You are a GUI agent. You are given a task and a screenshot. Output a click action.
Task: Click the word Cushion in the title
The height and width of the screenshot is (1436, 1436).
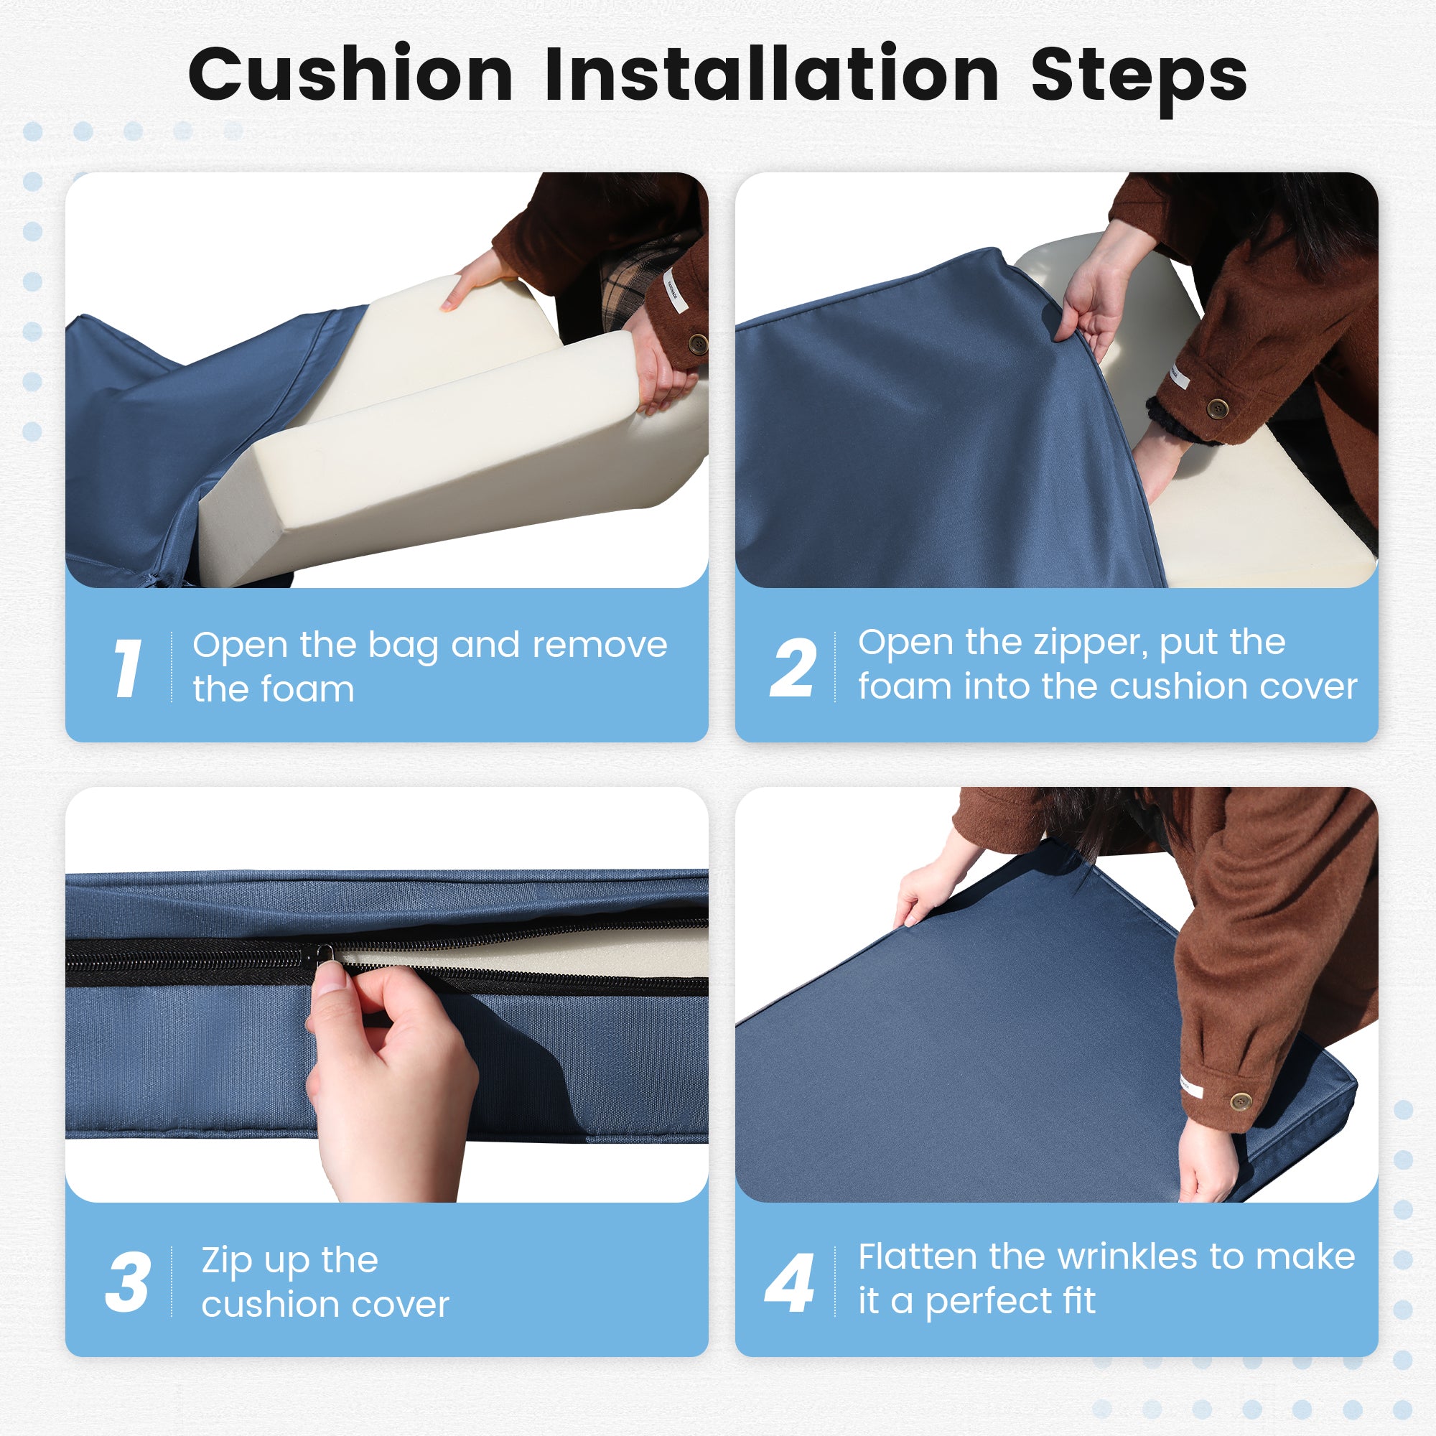[351, 75]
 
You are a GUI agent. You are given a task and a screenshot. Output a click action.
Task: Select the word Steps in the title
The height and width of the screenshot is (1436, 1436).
[1139, 79]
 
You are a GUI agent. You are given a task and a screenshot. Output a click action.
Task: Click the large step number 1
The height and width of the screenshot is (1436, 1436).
[127, 668]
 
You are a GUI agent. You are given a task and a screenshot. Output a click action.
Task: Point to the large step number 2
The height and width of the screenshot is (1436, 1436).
[793, 668]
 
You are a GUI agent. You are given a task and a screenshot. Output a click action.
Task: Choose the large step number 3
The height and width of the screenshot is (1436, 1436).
[128, 1282]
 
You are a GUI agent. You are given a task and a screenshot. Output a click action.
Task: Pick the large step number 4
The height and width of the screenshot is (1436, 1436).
[789, 1283]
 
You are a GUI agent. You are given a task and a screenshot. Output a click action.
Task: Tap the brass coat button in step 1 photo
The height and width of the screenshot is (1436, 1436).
[697, 343]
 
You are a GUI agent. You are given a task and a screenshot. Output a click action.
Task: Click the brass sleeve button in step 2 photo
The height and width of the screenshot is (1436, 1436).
[1217, 408]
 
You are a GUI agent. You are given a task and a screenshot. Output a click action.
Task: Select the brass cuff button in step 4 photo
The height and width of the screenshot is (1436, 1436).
[1241, 1101]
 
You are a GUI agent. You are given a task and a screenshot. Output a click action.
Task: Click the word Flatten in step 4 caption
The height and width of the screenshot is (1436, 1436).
[917, 1257]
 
